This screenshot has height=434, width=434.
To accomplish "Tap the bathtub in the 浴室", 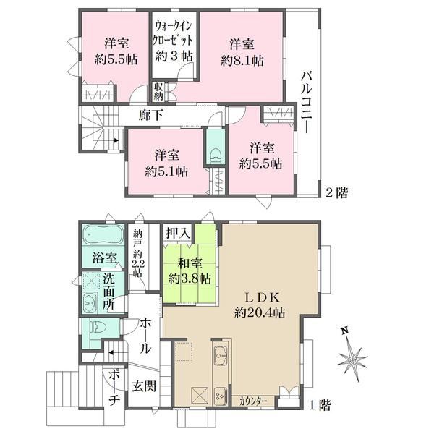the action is coord(103,234).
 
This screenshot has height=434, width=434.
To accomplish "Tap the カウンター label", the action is coord(253,401).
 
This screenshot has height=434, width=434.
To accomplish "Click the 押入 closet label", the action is coord(178,233).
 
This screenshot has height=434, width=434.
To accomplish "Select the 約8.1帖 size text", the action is coord(242,61).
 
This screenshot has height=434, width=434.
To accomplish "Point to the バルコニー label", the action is coord(307,102).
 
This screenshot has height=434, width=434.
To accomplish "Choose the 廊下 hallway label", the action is coord(150,114).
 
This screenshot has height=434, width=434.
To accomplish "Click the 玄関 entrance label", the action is coord(144,386).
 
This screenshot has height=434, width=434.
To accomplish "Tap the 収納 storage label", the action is coord(158,92).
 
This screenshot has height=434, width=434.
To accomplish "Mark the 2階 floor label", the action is coord(336,192).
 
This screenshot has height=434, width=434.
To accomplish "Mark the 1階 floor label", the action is coord(320,406).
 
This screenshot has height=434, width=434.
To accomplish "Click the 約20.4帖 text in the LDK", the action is coord(260,313).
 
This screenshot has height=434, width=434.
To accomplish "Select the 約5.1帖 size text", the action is coord(166,172).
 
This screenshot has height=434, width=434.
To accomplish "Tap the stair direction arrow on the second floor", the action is coord(116,140).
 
